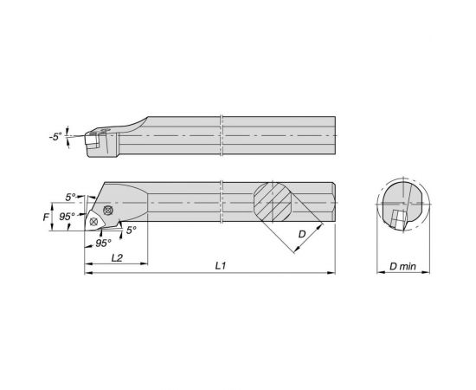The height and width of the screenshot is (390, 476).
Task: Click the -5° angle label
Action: tap(55, 137)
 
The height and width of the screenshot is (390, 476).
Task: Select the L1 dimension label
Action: tap(221, 266)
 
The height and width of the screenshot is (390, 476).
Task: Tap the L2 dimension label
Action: tap(117, 257)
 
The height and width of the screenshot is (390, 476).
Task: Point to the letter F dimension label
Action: tap(46, 217)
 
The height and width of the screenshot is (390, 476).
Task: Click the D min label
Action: tap(402, 267)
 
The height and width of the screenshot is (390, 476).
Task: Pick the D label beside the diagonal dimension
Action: tap(302, 234)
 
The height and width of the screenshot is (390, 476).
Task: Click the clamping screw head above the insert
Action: tap(108, 210)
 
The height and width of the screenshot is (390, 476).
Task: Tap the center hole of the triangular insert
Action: tap(93, 222)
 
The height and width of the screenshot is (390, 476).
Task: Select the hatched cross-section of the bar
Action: tap(273, 202)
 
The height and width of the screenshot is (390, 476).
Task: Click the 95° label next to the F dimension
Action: tap(67, 217)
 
